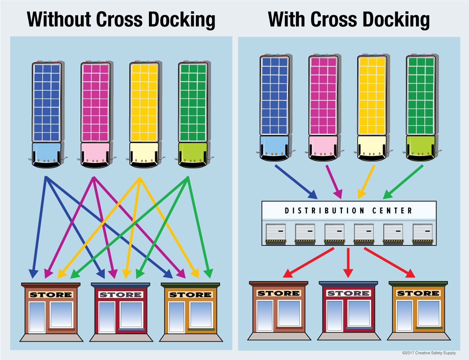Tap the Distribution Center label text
click(348, 211)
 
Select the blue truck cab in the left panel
click(47, 155)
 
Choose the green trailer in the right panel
click(421, 95)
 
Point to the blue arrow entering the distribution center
click(295, 181)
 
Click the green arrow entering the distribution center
click(403, 181)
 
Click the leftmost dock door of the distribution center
click(276, 233)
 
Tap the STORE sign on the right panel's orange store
click(418, 293)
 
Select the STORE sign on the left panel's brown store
click(51, 294)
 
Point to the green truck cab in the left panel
click(193, 155)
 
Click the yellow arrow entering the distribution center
click(366, 181)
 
